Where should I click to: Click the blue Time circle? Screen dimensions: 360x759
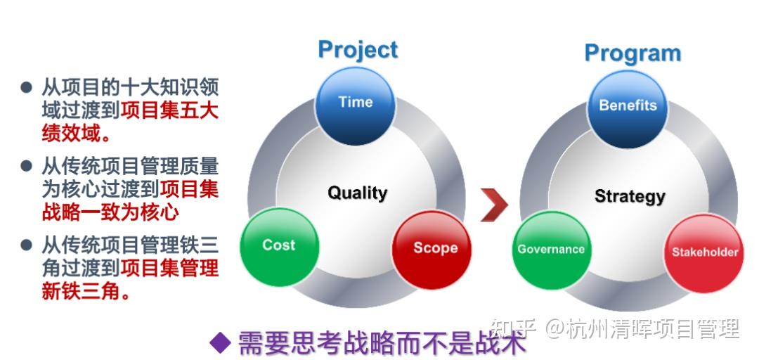coord(355,103)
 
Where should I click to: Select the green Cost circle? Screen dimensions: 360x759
coord(279,245)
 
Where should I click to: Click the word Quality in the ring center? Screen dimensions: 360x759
coord(357,193)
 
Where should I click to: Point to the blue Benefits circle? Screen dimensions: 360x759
coord(628,106)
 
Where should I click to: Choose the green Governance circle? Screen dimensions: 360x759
coord(551,250)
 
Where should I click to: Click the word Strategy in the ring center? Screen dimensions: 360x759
coord(629,196)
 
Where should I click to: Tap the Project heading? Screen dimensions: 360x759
coord(357,50)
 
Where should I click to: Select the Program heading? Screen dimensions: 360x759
coord(632,53)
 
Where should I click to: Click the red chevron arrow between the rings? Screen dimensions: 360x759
coord(495,205)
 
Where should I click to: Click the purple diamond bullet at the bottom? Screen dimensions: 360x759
coord(221,342)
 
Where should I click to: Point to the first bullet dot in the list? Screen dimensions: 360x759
coord(27,87)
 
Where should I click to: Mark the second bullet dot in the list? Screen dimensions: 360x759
coord(27,167)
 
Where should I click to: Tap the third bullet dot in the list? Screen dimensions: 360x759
coord(27,245)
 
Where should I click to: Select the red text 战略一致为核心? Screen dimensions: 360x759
coord(110,212)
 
